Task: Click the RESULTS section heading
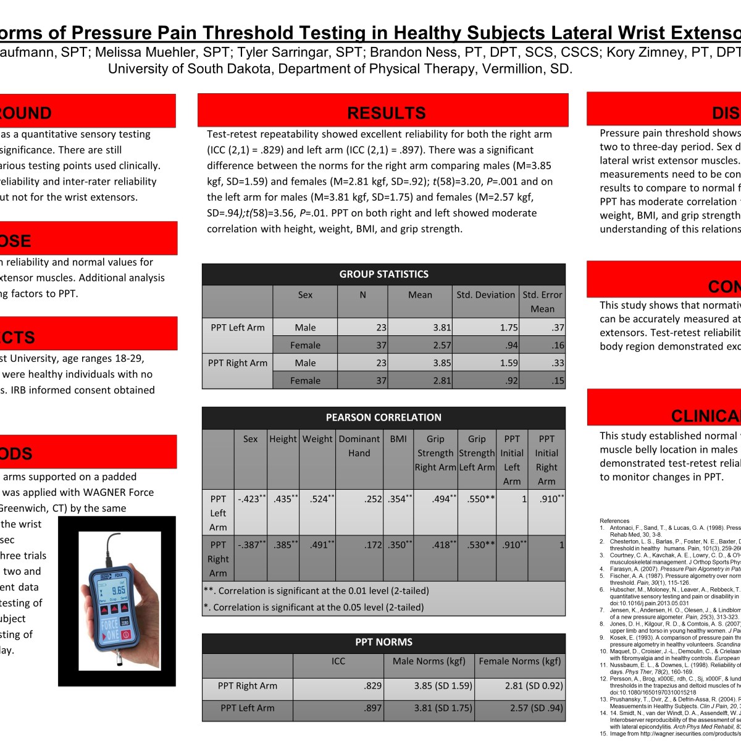point(386,113)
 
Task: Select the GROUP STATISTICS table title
point(383,274)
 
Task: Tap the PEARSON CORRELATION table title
point(383,417)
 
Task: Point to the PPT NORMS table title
point(383,642)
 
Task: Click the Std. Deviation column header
point(485,295)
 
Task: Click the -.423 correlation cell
point(251,499)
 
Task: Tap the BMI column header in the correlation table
point(398,439)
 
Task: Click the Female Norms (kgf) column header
point(520,661)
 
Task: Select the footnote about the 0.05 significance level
point(314,608)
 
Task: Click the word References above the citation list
point(614,521)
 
